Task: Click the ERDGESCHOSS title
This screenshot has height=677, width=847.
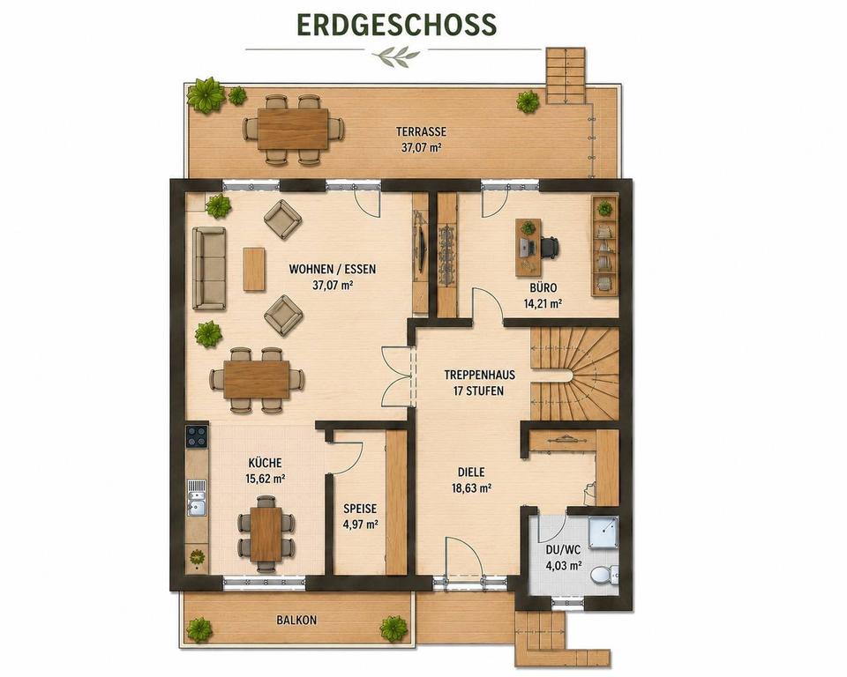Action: coord(396,25)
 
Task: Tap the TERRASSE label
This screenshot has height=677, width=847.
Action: coord(422,131)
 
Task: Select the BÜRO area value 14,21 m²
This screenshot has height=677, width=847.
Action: coord(543,303)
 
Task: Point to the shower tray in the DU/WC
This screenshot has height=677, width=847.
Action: coord(603,532)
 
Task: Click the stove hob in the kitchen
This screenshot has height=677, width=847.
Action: coord(197,436)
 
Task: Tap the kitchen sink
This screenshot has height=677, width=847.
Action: coord(196,496)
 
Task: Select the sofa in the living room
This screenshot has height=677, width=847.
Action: coord(209,268)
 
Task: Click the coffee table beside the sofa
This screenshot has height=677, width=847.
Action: coord(254,269)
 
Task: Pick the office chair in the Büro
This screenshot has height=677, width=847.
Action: coord(548,248)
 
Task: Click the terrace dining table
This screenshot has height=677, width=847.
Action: coord(293,129)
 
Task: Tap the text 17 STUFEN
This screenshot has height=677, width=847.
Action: coord(478,391)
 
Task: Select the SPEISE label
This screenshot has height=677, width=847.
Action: coord(360,509)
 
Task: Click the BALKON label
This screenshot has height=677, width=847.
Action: coord(296,621)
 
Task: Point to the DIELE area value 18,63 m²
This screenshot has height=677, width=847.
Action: coord(471,488)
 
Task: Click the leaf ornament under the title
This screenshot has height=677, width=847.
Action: coord(396,54)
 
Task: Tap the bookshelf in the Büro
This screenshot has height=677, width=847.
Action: coord(605,246)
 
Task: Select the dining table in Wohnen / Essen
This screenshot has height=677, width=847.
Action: coord(257,379)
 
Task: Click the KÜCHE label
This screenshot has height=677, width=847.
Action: coord(265,463)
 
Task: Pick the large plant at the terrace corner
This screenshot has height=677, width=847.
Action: coord(206,95)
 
